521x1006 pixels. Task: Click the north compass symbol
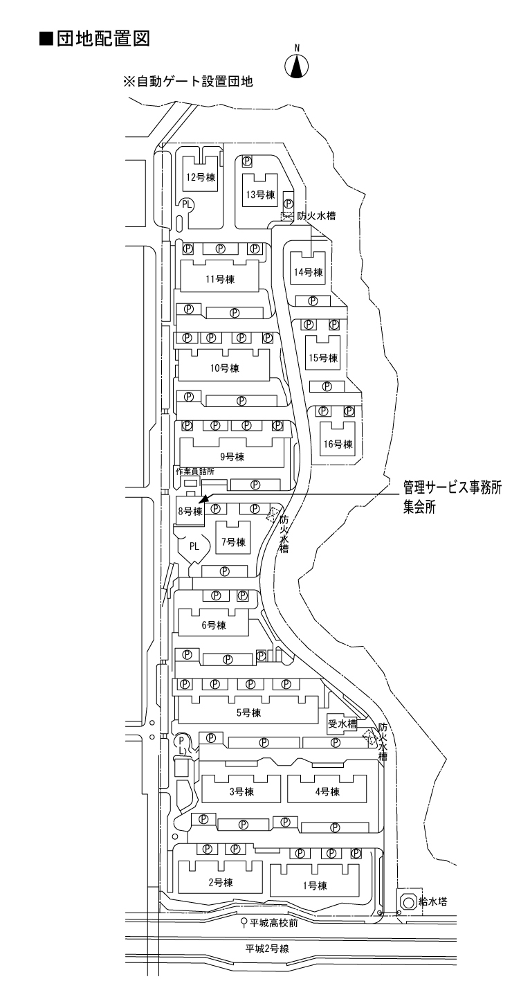(298, 65)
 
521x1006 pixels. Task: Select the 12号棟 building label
(201, 177)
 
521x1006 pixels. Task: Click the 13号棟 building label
(261, 195)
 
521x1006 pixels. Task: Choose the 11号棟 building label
(221, 280)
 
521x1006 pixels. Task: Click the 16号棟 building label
(338, 444)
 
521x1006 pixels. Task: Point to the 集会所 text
(421, 507)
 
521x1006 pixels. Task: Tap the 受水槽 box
(341, 724)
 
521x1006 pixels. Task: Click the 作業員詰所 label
(194, 471)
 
